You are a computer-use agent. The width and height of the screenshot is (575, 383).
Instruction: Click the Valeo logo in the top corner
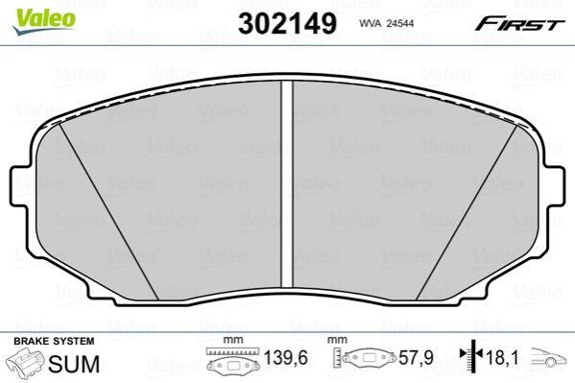click(x=44, y=21)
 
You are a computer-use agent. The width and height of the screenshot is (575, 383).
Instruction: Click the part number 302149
click(x=287, y=23)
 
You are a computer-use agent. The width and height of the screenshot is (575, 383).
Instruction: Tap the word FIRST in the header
click(x=519, y=24)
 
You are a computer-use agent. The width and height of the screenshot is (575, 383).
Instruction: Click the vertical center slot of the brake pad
click(x=287, y=183)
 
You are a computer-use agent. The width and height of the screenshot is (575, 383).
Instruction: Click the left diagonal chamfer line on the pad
click(x=108, y=211)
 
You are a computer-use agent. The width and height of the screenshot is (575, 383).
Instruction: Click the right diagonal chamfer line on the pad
click(x=467, y=212)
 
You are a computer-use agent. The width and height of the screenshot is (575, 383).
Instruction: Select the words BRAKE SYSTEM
click(x=54, y=341)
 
